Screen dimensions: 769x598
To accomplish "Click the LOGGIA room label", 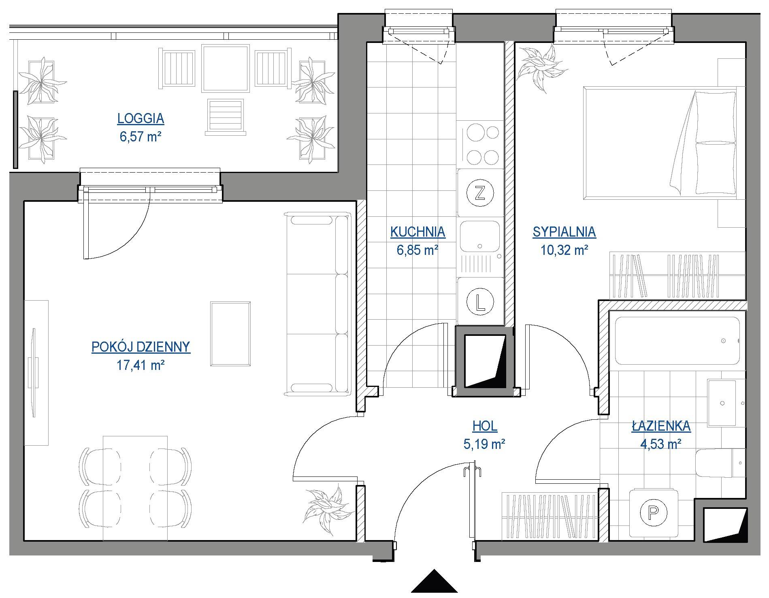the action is coord(141,119).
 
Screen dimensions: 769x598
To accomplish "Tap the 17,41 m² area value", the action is coord(141,366).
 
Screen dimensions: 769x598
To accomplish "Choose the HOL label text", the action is coord(485,426).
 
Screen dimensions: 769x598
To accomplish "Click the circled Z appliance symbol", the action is coord(480,193).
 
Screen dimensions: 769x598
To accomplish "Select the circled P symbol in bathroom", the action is coord(653,514).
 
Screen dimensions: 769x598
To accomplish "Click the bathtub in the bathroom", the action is coord(677,341).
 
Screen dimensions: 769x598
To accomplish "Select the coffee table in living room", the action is coord(230,333).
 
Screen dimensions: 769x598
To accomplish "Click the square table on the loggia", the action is coord(225,69).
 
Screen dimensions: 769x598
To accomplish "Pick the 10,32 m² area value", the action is coord(564,250).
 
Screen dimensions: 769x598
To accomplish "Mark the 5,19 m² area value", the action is coord(484,444).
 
